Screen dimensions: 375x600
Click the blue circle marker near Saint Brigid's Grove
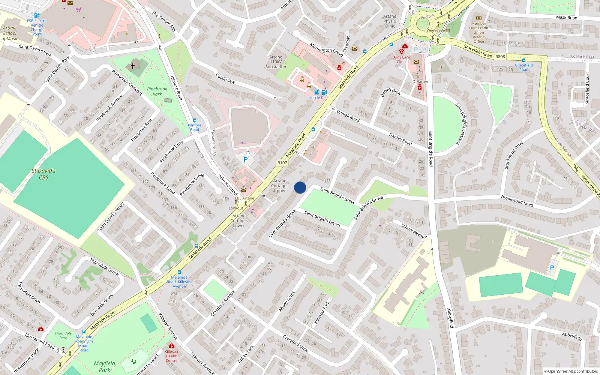pos(300,187)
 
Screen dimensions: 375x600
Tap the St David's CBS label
pos(43,174)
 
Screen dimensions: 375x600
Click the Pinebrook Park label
pos(157,91)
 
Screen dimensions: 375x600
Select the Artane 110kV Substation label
pos(276,62)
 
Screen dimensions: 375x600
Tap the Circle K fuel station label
pos(316,97)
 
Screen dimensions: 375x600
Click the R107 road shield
pos(282,163)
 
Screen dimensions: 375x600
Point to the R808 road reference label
pos(500,57)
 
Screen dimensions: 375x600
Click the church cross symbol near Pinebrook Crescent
pos(133,66)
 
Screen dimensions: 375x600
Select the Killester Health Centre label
pos(171,356)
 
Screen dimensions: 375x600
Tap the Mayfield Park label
pos(105,366)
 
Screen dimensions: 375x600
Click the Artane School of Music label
pos(10,33)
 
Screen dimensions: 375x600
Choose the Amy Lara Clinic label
pos(401,60)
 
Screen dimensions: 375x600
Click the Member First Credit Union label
pos(478,32)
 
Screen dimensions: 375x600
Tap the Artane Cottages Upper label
pos(280,186)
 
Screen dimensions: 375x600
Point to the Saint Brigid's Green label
pos(322,219)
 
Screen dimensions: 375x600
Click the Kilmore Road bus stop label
pos(194,127)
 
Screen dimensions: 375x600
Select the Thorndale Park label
pos(63,335)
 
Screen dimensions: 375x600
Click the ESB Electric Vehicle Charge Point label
pos(37,27)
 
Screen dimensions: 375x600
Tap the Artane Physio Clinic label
pos(390,21)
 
